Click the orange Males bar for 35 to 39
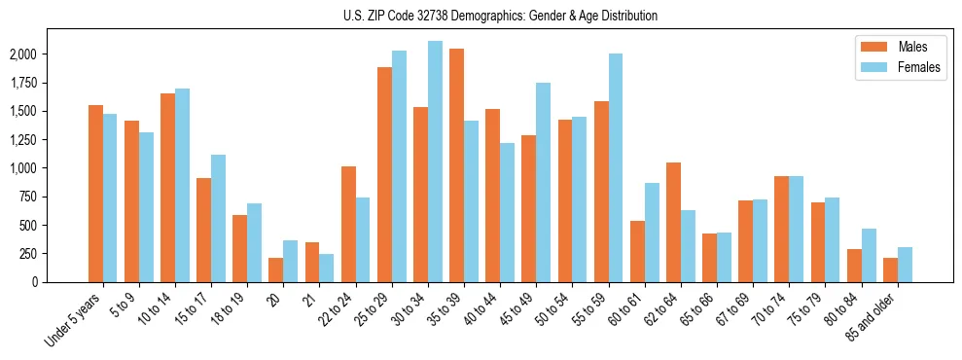click(456, 165)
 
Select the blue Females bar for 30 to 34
click(435, 162)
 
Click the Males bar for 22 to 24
click(348, 224)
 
